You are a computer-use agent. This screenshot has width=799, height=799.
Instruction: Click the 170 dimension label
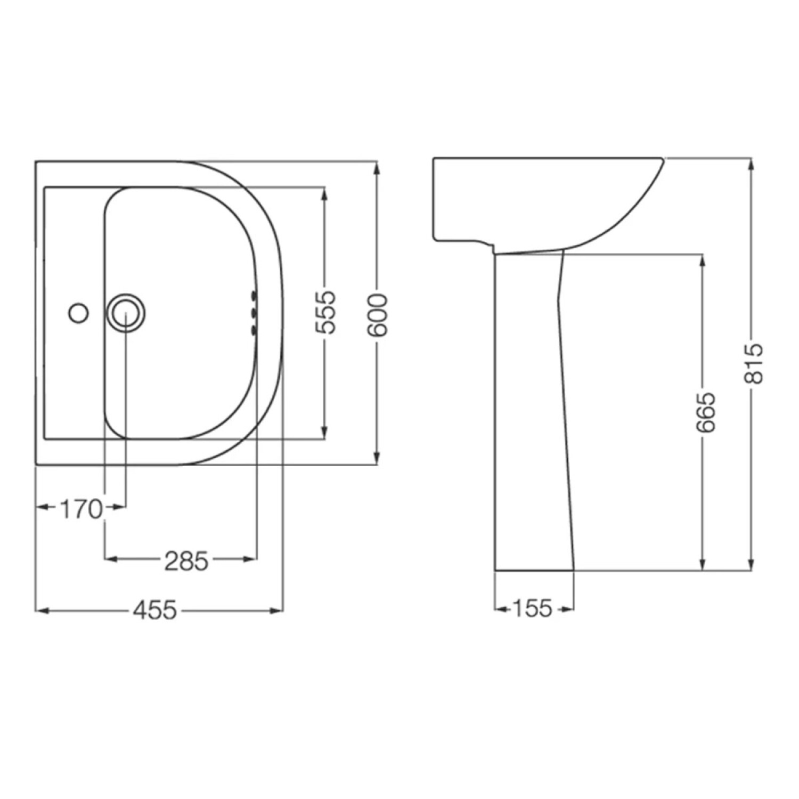81,509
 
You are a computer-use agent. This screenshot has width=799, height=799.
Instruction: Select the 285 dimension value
186,561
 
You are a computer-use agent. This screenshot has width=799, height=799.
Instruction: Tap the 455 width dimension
154,610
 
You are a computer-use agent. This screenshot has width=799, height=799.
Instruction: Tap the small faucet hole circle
78,313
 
